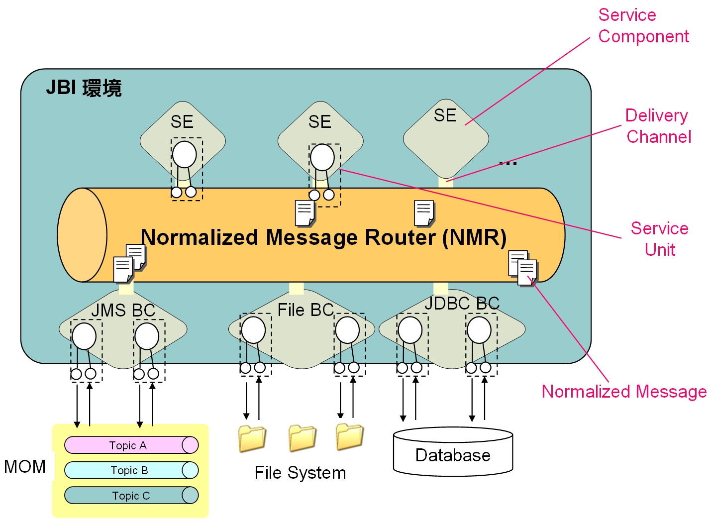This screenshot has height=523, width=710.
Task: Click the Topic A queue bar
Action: click(131, 445)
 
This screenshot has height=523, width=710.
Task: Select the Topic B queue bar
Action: click(131, 470)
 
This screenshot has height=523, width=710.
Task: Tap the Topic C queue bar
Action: click(131, 496)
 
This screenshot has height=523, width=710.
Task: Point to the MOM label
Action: click(25, 467)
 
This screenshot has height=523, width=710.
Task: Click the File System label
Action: click(300, 473)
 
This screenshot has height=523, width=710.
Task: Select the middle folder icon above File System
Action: click(302, 438)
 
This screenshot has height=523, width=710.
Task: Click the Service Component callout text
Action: click(643, 26)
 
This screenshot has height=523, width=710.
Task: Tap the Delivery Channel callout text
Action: click(658, 126)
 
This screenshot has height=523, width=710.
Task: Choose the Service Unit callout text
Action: click(660, 239)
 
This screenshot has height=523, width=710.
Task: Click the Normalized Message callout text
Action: click(624, 392)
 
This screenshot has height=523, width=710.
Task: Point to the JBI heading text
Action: click(84, 88)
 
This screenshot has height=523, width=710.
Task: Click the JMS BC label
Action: click(123, 311)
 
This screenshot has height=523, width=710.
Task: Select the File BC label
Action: click(305, 310)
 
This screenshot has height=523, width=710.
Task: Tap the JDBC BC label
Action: click(462, 304)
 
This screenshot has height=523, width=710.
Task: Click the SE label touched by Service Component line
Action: click(445, 115)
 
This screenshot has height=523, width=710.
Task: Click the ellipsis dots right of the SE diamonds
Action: click(508, 163)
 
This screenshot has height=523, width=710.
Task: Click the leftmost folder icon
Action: click(252, 438)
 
